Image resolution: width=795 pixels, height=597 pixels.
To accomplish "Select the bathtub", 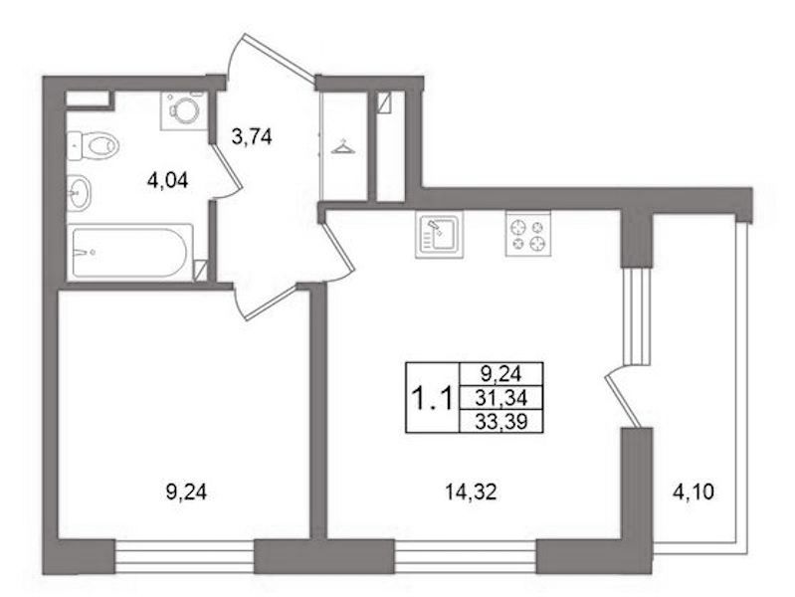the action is click(130, 252).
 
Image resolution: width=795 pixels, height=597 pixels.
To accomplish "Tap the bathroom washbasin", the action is click(79, 192).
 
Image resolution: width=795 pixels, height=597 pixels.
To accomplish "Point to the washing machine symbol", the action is click(183, 110).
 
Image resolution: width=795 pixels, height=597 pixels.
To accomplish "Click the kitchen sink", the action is click(440, 235).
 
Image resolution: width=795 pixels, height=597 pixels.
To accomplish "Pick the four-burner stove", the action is click(527, 234).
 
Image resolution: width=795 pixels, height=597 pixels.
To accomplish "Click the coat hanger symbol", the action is click(342, 146).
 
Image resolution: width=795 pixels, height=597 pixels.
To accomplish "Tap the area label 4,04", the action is click(167, 180).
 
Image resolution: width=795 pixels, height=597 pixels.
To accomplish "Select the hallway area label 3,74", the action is click(252, 137).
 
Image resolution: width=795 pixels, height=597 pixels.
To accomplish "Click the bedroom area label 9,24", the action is click(187, 492).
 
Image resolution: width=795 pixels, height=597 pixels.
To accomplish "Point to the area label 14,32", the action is click(470, 492).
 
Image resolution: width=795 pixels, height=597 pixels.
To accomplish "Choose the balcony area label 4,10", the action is click(693, 492).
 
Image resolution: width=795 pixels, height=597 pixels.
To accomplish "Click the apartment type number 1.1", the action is click(433, 398).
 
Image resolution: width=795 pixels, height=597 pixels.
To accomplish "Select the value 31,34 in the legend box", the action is click(500, 398).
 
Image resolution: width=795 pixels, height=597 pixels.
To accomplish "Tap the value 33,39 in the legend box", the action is click(500, 421).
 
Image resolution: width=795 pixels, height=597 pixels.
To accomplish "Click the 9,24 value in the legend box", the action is click(500, 375).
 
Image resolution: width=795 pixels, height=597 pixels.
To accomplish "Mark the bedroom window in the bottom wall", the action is click(184, 557).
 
